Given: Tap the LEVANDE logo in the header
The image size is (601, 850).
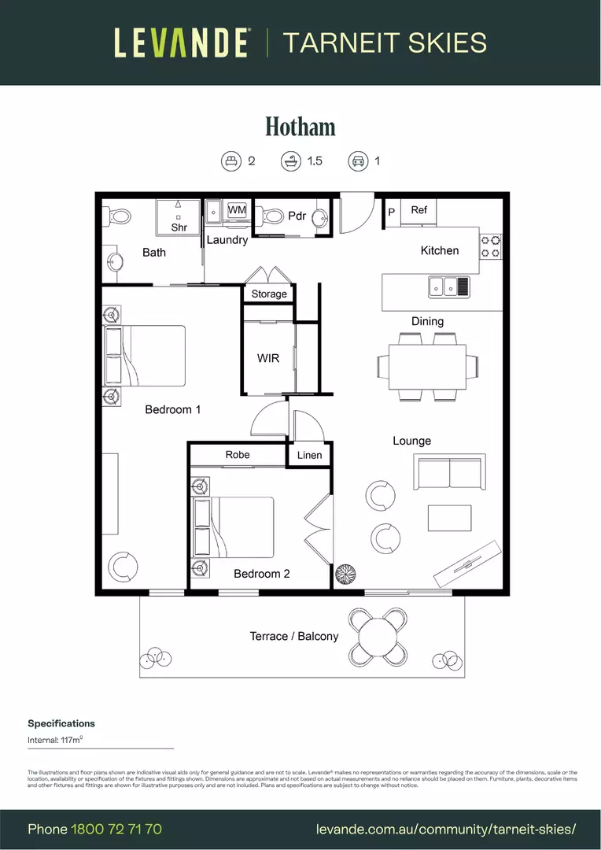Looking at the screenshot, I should click(x=182, y=42).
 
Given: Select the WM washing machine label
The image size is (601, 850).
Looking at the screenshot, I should click(x=237, y=210).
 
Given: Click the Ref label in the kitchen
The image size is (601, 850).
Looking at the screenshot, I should click(x=419, y=210).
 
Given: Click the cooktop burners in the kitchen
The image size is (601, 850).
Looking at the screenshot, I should click(x=491, y=246).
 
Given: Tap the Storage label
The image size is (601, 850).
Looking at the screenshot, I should click(x=269, y=294).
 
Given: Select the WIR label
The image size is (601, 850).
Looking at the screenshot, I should click(x=268, y=358).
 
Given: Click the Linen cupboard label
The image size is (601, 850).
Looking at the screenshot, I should click(x=309, y=455).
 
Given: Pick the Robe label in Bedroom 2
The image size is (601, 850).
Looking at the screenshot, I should click(x=238, y=455).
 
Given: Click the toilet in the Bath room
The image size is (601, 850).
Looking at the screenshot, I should click(x=119, y=215).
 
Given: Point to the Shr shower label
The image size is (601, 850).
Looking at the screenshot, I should click(x=179, y=227).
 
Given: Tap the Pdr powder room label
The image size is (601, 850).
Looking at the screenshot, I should click(x=297, y=216).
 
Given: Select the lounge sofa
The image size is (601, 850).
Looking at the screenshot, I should click(x=450, y=473).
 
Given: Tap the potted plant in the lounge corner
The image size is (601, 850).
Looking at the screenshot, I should click(x=343, y=573).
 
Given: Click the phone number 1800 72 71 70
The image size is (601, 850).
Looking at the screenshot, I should click(x=116, y=829).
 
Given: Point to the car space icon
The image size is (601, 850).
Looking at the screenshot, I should click(x=359, y=161).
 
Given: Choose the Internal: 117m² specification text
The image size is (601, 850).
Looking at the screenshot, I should click(x=61, y=740).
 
